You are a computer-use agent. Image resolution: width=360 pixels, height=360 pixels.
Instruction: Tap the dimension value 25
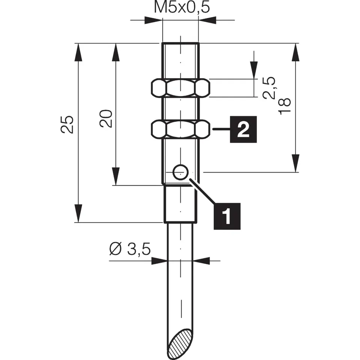click(x=67, y=124)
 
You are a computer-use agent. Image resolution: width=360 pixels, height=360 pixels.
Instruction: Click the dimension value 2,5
click(x=269, y=88)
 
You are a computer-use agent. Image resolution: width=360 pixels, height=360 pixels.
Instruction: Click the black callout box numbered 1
click(x=226, y=216)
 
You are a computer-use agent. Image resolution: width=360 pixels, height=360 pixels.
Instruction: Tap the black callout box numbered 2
click(x=243, y=129)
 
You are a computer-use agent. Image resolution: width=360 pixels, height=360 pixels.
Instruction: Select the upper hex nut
click(x=180, y=88)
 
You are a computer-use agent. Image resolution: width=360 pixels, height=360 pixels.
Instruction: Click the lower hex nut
click(x=180, y=129)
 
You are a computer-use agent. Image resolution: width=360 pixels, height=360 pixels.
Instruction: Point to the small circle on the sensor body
click(x=180, y=172)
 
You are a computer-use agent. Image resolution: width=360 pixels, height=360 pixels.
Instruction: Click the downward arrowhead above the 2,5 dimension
click(x=254, y=71)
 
